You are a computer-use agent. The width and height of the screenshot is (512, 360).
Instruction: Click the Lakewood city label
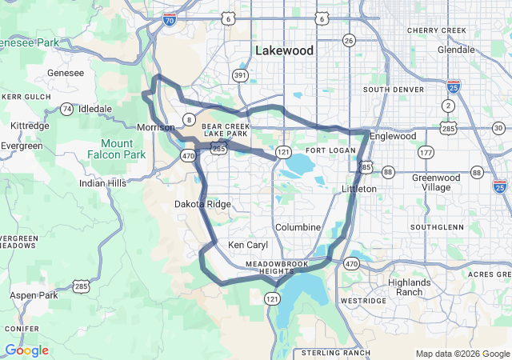click(x=285, y=50)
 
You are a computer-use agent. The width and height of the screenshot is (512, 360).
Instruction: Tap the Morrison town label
click(x=155, y=127)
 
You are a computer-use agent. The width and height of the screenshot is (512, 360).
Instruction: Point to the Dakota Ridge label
click(x=202, y=204)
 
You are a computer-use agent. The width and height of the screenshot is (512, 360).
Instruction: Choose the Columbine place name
click(x=298, y=227)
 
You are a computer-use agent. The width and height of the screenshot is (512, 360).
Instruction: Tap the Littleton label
click(x=358, y=189)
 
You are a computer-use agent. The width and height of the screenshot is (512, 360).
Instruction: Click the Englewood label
click(x=392, y=136)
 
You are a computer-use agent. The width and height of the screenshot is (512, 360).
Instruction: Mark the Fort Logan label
click(x=325, y=150)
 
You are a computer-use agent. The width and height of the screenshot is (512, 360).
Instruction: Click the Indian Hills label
click(x=102, y=183)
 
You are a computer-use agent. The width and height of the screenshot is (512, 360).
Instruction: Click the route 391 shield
click(x=240, y=75)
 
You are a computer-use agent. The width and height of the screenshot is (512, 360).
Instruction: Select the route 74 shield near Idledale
click(x=67, y=109)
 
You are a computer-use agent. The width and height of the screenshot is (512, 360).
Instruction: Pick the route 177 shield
click(x=426, y=152)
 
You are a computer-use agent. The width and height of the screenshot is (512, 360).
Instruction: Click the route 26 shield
click(x=349, y=40)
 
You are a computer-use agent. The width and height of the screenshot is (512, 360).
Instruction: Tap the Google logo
click(x=26, y=350)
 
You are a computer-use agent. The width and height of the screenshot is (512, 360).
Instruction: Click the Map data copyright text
click(x=462, y=354)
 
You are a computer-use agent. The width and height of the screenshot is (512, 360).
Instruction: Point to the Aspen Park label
click(x=34, y=295)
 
